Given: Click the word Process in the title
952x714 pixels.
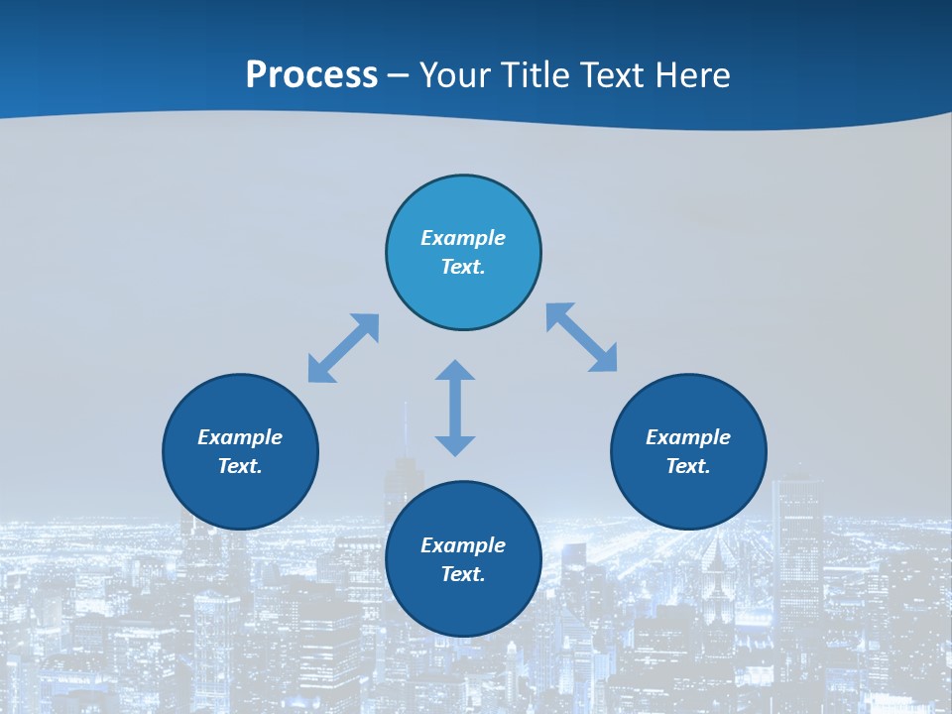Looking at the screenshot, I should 311,75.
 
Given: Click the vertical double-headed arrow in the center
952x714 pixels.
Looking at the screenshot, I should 455,408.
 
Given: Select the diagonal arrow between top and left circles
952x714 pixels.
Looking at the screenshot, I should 343,348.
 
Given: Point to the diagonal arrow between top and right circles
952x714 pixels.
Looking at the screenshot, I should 582,337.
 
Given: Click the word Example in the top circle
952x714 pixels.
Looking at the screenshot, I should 463,238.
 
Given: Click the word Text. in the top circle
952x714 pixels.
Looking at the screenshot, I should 463,267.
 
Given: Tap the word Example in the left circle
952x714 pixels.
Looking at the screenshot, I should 240,437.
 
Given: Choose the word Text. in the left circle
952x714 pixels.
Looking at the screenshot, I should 240,466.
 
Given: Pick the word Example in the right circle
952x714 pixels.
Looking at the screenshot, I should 688,437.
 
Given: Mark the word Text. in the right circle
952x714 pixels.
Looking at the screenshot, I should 688,466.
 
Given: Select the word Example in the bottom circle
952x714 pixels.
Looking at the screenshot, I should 463,545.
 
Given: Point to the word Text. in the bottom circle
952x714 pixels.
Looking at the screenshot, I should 463,574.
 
